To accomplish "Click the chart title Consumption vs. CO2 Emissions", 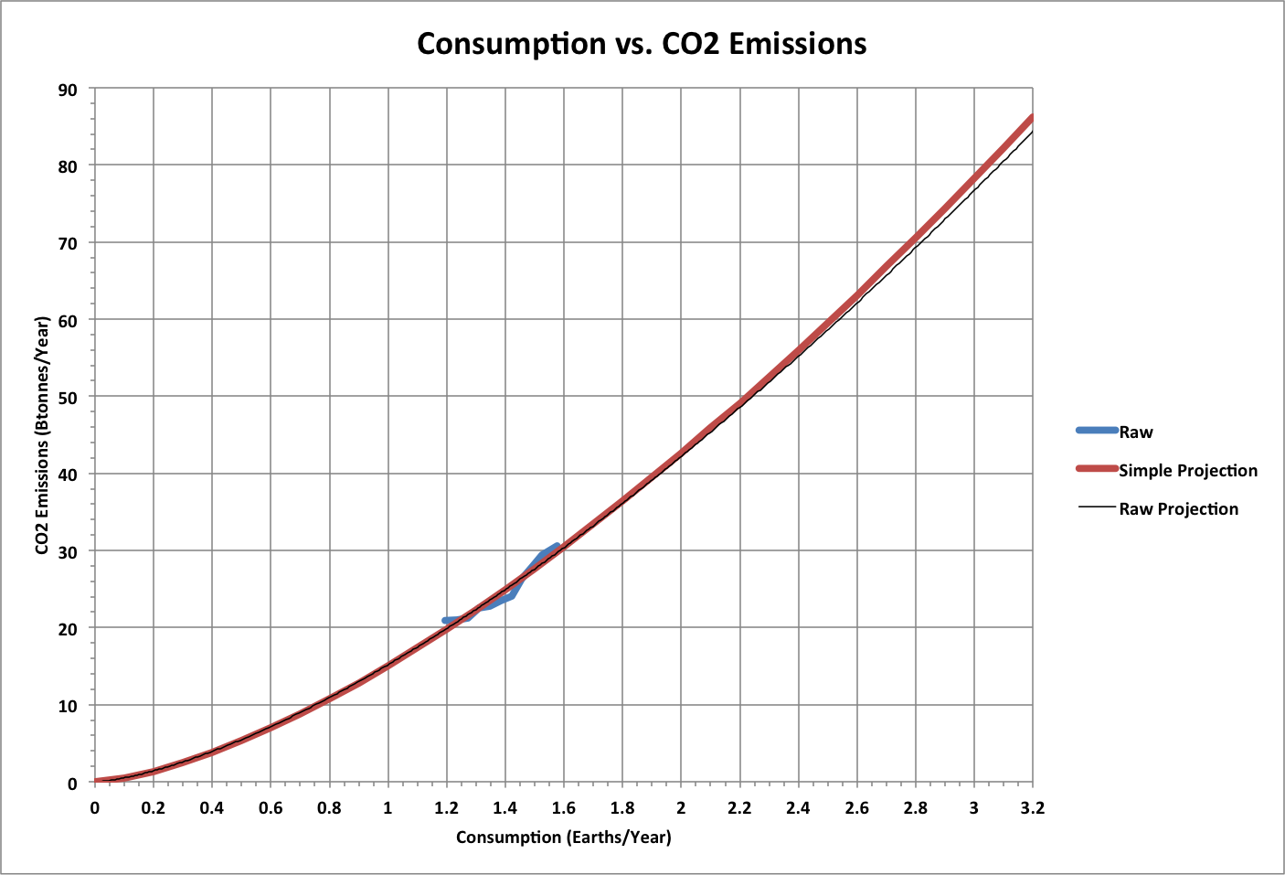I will [x=642, y=44].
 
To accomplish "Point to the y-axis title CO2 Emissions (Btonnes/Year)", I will [x=42, y=435].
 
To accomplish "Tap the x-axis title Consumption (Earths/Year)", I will [x=563, y=837].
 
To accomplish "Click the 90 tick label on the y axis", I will [x=69, y=90].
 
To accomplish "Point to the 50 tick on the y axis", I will [x=69, y=397].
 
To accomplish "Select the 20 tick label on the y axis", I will [x=69, y=628].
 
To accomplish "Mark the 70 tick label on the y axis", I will [x=69, y=243].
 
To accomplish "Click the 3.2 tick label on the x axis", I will [x=1032, y=807].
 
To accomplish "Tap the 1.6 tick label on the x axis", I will [x=563, y=807].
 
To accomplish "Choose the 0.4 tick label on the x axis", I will [x=211, y=807].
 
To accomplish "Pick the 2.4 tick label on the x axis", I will [x=798, y=807].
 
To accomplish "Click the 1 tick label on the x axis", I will [x=388, y=807].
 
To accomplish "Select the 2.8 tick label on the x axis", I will [x=915, y=807].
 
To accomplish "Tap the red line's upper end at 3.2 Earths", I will [x=1031, y=118].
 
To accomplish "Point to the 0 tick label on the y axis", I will [x=73, y=783].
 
